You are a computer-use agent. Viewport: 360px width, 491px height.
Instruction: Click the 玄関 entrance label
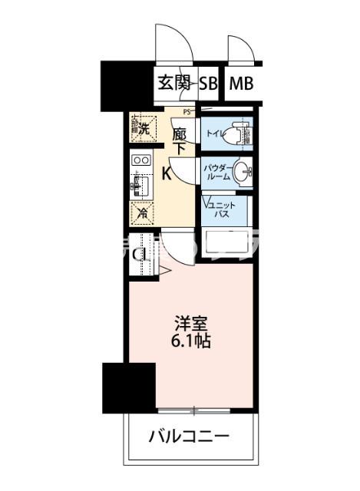click(x=174, y=84)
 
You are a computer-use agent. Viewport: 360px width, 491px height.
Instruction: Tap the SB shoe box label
click(x=208, y=84)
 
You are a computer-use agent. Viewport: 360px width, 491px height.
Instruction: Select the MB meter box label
click(x=241, y=84)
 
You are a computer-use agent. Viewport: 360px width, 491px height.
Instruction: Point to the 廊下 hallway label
click(x=178, y=140)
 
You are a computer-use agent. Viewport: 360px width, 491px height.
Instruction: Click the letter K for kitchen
click(x=167, y=173)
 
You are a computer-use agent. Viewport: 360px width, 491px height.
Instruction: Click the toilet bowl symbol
click(x=238, y=133)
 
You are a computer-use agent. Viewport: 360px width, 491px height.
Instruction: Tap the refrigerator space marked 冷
click(x=141, y=214)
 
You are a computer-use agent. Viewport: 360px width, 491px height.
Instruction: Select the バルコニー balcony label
click(x=189, y=438)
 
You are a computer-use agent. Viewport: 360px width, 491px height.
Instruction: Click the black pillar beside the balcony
click(x=116, y=388)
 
